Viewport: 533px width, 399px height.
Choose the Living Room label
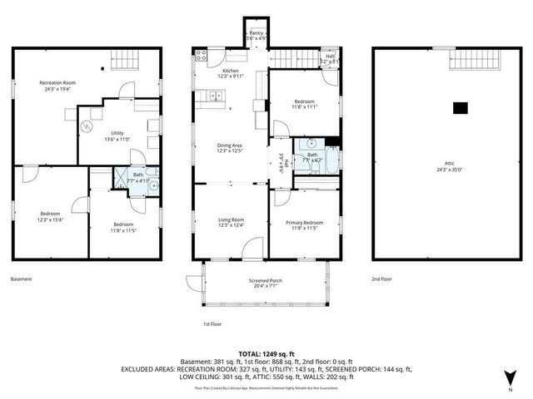231,222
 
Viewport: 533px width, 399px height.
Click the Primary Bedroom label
304,225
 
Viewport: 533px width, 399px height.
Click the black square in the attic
460,107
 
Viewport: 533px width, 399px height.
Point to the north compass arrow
511,379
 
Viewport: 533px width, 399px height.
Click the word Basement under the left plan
22,279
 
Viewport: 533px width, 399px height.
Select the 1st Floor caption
213,324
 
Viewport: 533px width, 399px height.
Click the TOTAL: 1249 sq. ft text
266,354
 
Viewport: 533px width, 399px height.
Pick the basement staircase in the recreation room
130,61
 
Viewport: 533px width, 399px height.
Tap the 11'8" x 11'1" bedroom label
304,103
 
